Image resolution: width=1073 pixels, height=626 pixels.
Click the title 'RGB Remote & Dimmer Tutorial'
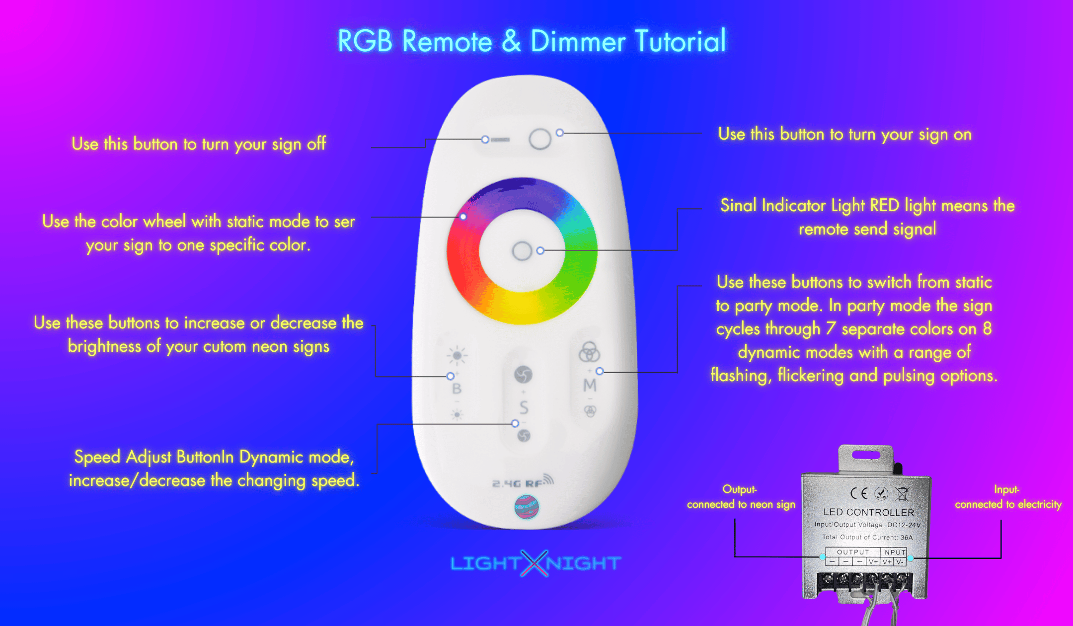[x=532, y=41]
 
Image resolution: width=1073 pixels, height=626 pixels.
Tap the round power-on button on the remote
[x=540, y=139]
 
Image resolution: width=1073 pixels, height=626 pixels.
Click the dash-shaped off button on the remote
[x=500, y=140]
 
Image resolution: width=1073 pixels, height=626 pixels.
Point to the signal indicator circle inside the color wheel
[x=522, y=251]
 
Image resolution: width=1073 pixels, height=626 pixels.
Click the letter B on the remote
[x=457, y=389]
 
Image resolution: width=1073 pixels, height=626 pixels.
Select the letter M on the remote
[x=590, y=385]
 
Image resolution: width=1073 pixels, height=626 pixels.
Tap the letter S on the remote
[x=524, y=408]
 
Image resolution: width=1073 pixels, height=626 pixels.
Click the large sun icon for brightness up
[x=457, y=355]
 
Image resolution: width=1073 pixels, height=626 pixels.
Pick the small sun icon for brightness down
[x=457, y=414]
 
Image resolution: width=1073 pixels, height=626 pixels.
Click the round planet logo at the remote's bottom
[x=527, y=507]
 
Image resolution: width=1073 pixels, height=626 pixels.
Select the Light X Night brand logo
[x=535, y=563]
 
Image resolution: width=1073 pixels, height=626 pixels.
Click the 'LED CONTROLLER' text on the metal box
[x=869, y=512]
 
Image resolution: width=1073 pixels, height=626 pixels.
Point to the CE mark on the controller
[x=859, y=493]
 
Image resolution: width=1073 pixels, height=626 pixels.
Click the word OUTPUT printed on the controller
[x=853, y=552]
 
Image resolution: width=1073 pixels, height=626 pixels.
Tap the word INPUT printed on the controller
[x=894, y=552]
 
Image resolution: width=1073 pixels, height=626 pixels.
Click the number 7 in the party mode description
[x=831, y=328]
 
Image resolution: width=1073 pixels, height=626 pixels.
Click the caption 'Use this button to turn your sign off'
[x=199, y=144]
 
